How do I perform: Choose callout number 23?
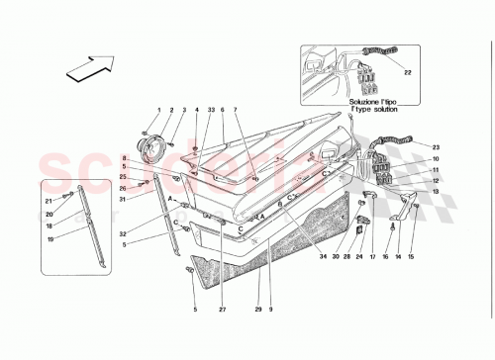click(435, 146)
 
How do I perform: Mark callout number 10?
click(435, 158)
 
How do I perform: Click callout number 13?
click(435, 192)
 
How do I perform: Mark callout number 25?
click(124, 177)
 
